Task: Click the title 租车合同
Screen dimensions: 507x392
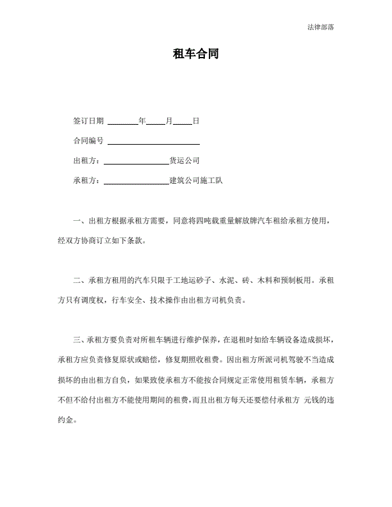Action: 196,54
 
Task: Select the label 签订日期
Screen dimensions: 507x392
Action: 88,120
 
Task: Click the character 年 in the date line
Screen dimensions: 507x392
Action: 142,120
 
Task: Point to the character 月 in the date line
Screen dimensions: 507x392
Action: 168,120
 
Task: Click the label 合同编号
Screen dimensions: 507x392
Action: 88,140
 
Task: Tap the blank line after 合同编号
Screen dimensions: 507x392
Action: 153,142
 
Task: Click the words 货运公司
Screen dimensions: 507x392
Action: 184,161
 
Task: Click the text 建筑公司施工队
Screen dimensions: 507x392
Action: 195,181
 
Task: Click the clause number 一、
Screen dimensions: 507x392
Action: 79,221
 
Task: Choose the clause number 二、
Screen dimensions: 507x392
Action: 79,280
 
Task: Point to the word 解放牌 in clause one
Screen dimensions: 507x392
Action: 245,221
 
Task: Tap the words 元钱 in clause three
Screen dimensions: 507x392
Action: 311,401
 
